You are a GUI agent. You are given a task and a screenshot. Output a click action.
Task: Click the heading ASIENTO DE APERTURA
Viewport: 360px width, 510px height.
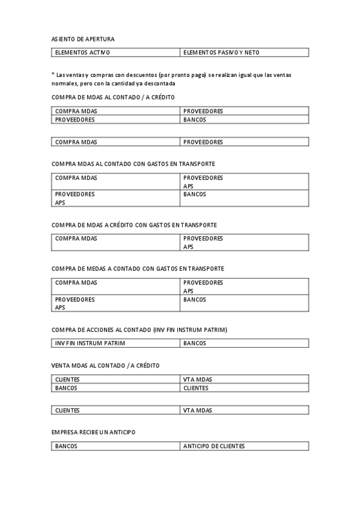[83, 39]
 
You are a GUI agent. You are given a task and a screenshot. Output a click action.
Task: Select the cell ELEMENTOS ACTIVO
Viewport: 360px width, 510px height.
[82, 53]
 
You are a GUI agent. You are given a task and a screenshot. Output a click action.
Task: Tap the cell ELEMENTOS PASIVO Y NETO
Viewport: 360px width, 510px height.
[221, 53]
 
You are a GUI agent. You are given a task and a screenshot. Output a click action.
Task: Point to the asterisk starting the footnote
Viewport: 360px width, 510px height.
[53, 74]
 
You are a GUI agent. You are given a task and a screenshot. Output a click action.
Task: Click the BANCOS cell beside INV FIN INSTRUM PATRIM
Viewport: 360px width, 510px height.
[195, 343]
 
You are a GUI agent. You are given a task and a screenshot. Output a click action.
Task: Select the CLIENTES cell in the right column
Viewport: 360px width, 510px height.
[196, 388]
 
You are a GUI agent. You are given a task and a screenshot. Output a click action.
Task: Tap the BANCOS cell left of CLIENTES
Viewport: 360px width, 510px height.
[66, 388]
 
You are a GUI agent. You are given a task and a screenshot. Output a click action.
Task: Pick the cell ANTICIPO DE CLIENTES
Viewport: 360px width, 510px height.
[214, 446]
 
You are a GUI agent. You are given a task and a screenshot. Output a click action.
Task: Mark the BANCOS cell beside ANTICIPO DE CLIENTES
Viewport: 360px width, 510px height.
[66, 446]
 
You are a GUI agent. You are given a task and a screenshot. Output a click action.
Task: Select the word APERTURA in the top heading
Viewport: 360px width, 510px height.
[100, 39]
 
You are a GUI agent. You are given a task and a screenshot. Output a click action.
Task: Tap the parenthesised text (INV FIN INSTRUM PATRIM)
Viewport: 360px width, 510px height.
[190, 330]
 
